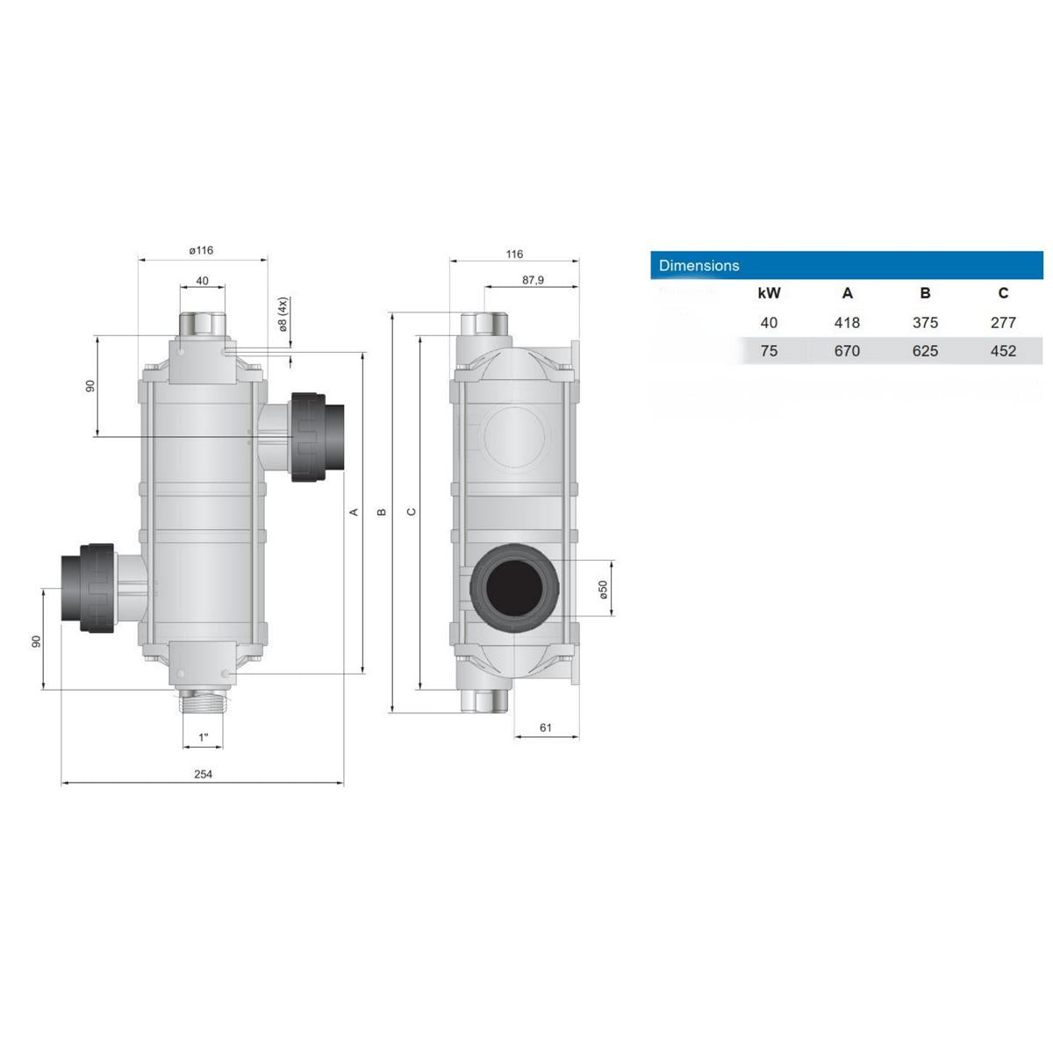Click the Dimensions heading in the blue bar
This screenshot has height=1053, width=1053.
pyautogui.click(x=698, y=265)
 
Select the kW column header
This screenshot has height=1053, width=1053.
pyautogui.click(x=769, y=294)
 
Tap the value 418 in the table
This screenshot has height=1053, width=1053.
pyautogui.click(x=847, y=323)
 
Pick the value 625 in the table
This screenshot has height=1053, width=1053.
pyautogui.click(x=925, y=351)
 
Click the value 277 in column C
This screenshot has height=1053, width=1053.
pyautogui.click(x=1003, y=323)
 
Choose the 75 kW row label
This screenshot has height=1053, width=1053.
pyautogui.click(x=769, y=351)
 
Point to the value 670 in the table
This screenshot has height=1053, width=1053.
pyautogui.click(x=847, y=351)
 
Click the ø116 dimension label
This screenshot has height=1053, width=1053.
pyautogui.click(x=202, y=250)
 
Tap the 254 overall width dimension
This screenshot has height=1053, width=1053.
pyautogui.click(x=203, y=774)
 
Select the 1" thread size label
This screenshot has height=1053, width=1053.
pyautogui.click(x=204, y=737)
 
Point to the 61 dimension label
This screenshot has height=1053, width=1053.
pyautogui.click(x=545, y=727)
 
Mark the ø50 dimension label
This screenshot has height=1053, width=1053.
pyautogui.click(x=603, y=588)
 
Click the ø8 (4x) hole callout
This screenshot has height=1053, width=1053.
pyautogui.click(x=283, y=315)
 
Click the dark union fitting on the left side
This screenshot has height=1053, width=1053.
pyautogui.click(x=88, y=586)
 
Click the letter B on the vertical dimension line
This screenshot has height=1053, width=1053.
pyautogui.click(x=382, y=512)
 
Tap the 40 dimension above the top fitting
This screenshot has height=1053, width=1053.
pyautogui.click(x=203, y=281)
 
